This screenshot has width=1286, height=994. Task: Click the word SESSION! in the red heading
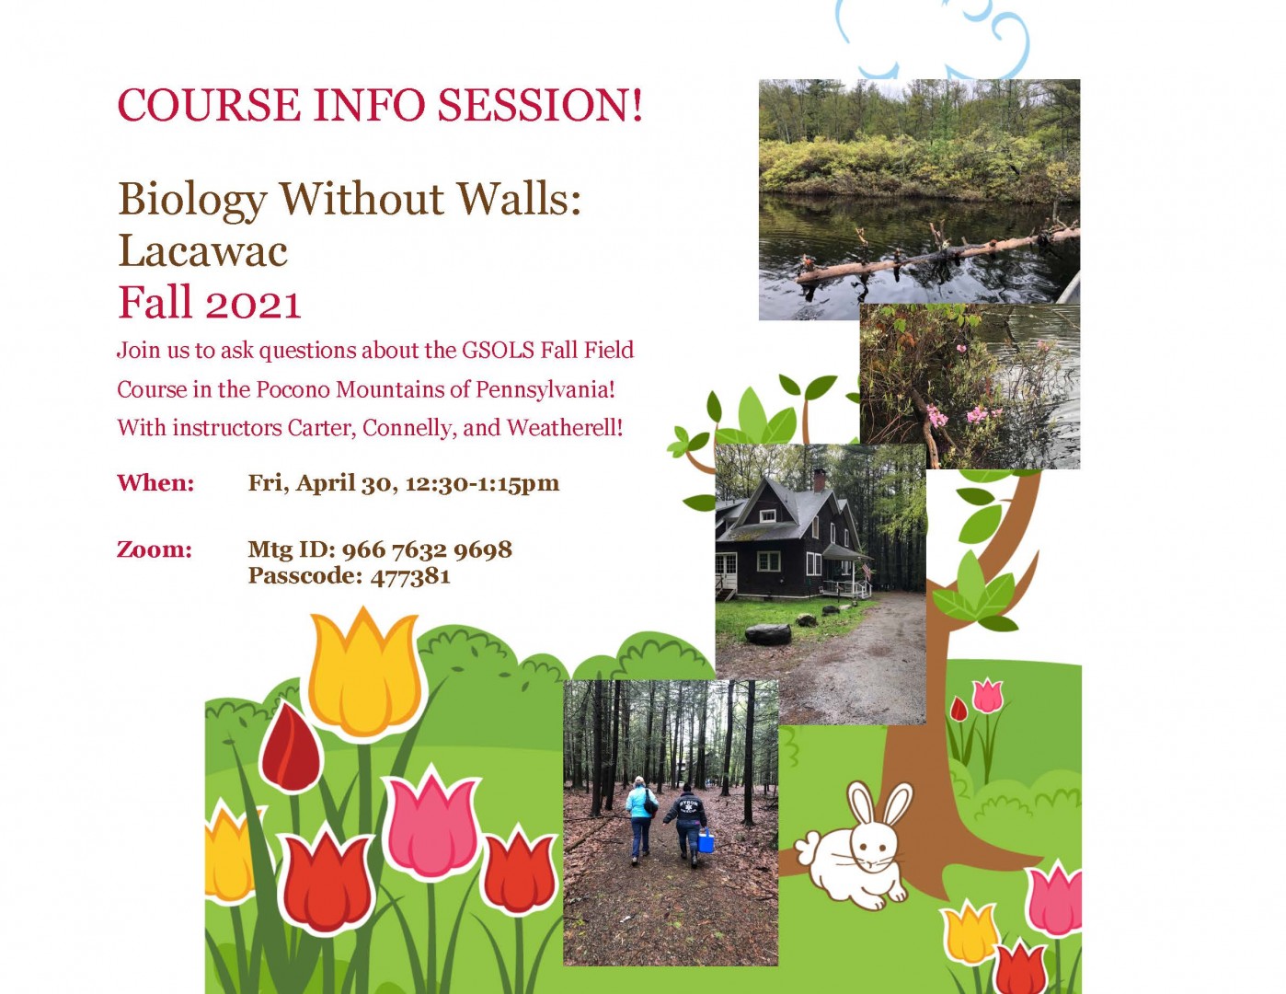(x=540, y=105)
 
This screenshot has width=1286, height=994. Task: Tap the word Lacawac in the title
(x=202, y=251)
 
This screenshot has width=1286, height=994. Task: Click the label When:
(x=155, y=483)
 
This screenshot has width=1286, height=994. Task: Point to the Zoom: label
(x=154, y=549)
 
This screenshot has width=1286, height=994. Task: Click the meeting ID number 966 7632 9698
(x=427, y=549)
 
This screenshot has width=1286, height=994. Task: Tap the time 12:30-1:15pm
(x=482, y=483)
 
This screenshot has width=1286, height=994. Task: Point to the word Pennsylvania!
(x=545, y=389)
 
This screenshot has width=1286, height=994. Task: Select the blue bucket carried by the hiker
(x=706, y=840)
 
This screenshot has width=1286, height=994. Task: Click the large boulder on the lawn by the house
(x=767, y=633)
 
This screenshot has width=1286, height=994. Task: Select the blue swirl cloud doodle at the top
(x=931, y=37)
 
